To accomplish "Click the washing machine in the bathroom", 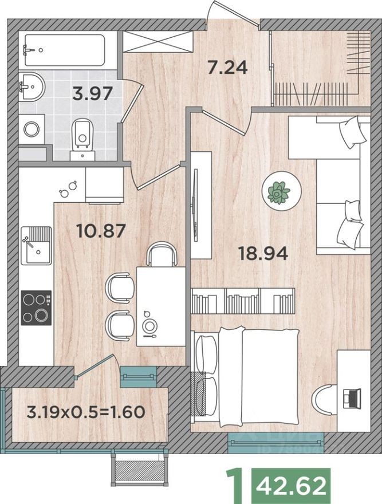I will tap(31, 129).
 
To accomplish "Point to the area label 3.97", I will tap(92, 93).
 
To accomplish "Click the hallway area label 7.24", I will tap(227, 68).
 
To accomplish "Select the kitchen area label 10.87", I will tap(100, 231).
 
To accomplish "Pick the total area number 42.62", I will tap(294, 486).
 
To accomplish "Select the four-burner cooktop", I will tap(36, 308).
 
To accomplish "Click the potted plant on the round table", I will tap(279, 192).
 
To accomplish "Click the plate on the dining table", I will tap(150, 325).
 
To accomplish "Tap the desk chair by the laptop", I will tap(325, 398).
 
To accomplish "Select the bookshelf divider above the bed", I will tap(243, 301).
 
